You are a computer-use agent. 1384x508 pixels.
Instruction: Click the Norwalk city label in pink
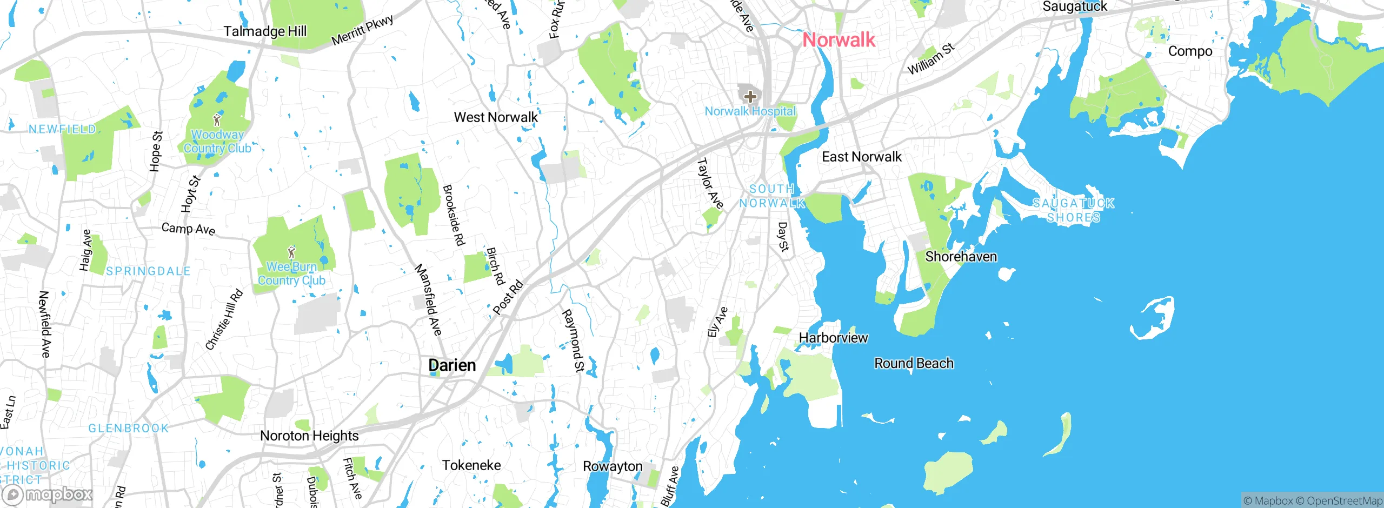tap(839, 39)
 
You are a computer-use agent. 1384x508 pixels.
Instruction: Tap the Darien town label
tap(452, 365)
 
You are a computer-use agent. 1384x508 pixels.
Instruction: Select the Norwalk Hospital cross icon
tap(750, 97)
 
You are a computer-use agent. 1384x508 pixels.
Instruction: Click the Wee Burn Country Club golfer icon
tap(292, 252)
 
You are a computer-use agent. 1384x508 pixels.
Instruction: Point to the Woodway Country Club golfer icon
tap(217, 119)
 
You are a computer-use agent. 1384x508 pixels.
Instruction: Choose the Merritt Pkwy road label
tap(362, 30)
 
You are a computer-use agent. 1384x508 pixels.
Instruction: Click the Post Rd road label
tap(508, 297)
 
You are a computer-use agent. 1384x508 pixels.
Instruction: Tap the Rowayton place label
tap(613, 466)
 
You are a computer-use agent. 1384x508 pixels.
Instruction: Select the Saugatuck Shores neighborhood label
tap(1073, 210)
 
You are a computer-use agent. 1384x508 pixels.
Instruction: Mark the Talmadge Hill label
tap(265, 31)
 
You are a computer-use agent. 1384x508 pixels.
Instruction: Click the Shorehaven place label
tap(961, 257)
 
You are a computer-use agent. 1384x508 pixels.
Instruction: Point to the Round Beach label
tap(914, 363)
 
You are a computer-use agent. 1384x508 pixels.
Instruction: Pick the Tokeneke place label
tap(471, 465)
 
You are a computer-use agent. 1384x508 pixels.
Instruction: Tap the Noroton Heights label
tap(309, 436)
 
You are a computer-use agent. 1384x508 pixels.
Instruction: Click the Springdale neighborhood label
tap(148, 271)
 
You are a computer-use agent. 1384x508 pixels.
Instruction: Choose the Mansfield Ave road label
tap(428, 299)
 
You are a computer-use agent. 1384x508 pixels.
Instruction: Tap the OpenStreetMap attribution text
tap(1344, 501)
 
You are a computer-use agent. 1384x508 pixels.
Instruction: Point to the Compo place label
tap(1190, 51)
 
